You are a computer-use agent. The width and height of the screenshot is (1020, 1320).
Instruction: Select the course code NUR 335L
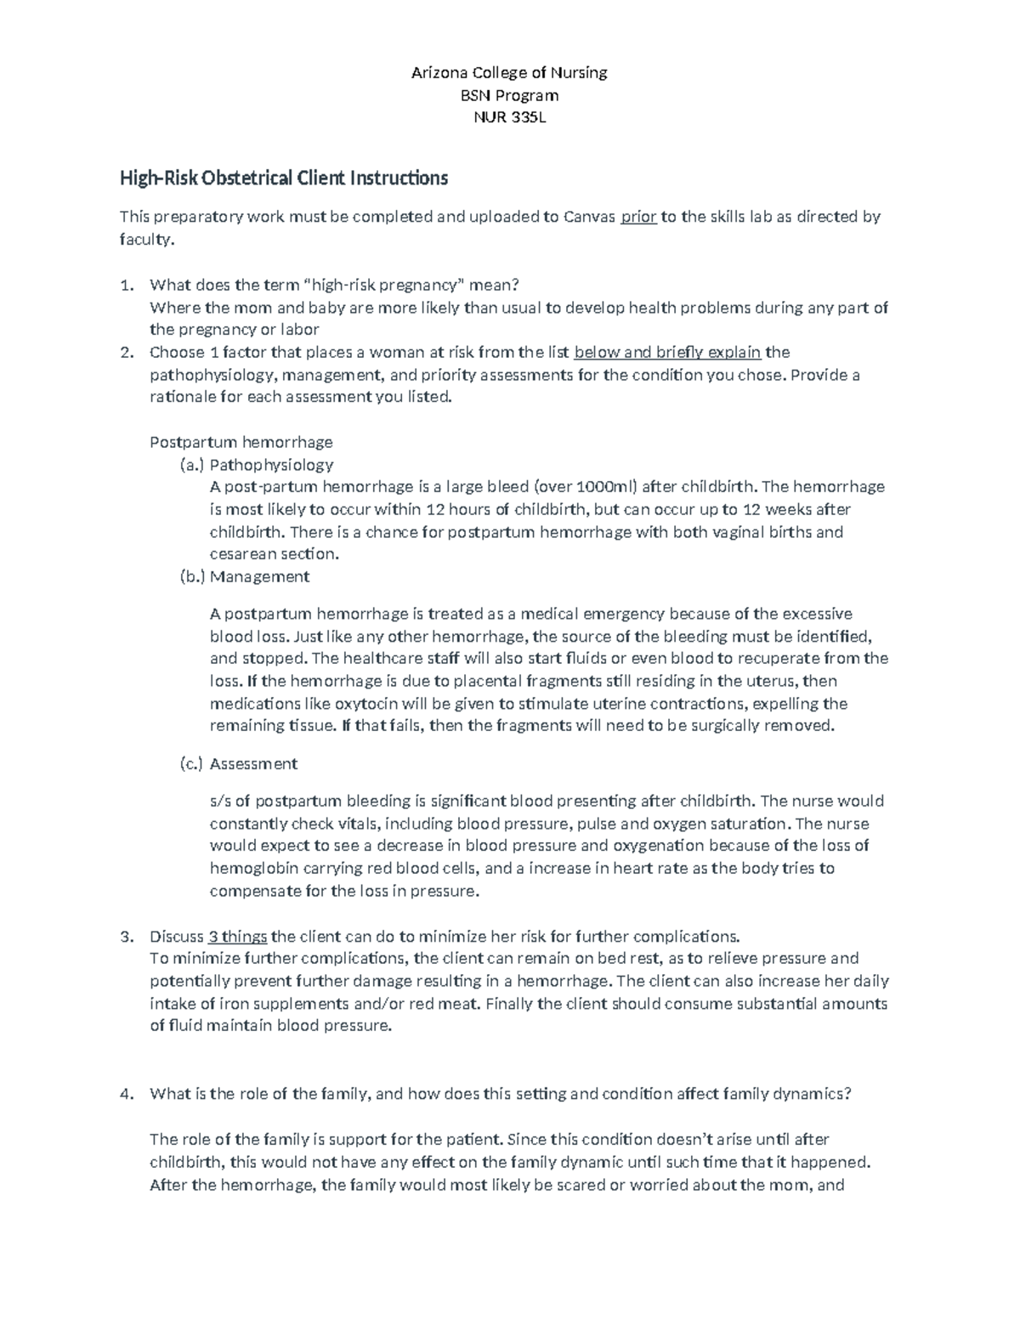(509, 118)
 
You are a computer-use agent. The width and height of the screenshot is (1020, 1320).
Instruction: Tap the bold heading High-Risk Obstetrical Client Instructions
(283, 178)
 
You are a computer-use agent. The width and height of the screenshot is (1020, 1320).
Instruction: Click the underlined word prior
(638, 217)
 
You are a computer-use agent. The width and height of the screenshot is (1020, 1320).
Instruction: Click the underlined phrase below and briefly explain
(668, 353)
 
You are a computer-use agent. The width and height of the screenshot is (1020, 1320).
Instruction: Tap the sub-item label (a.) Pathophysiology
(257, 465)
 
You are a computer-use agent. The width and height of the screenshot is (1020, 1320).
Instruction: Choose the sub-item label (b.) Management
(245, 577)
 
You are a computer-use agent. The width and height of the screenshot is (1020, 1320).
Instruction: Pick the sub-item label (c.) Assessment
(239, 764)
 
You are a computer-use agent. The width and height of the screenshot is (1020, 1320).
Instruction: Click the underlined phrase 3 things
(238, 937)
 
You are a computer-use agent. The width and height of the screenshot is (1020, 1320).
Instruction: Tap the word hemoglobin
(251, 869)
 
